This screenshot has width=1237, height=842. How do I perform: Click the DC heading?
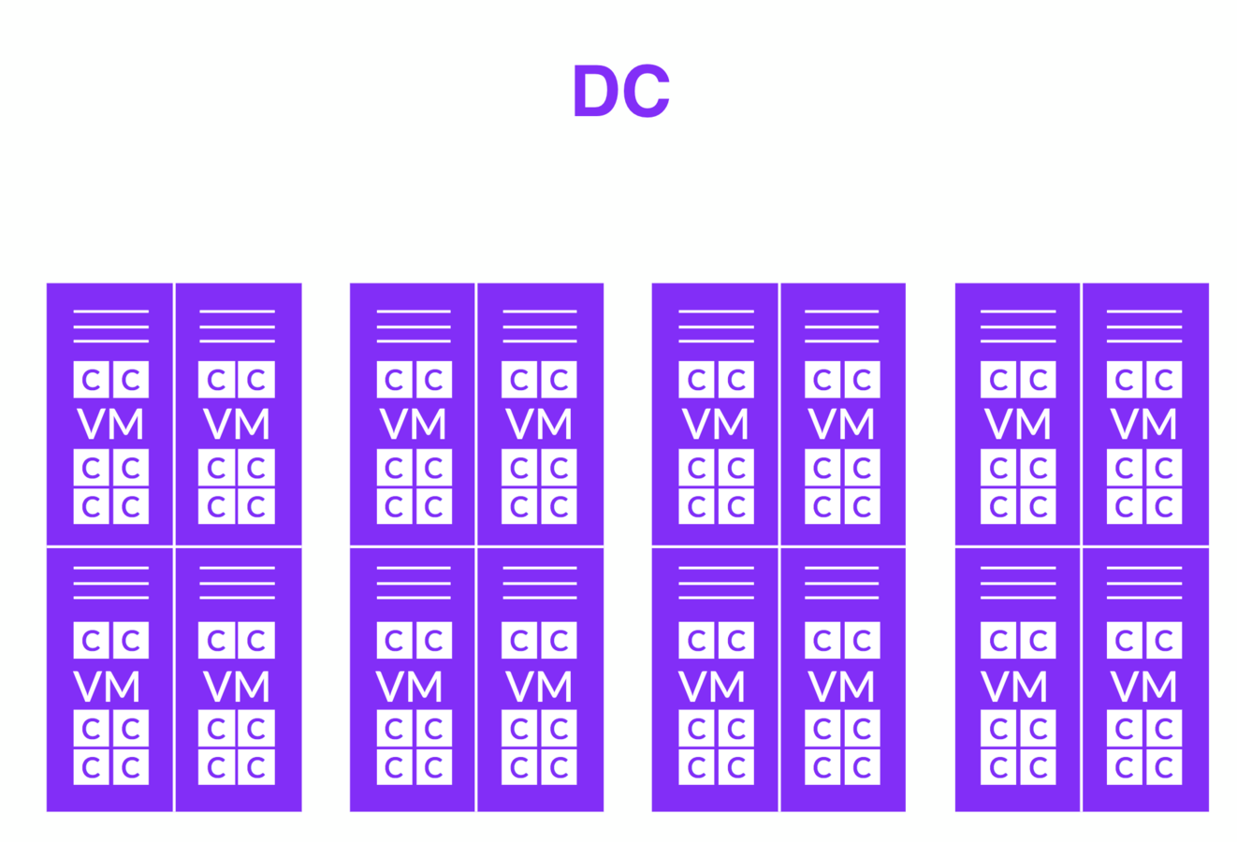pos(620,91)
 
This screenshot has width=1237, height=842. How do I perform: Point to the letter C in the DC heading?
pos(647,91)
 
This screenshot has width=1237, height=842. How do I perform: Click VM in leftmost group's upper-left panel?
pos(110,424)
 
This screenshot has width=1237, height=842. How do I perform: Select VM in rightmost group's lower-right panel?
pos(1143,686)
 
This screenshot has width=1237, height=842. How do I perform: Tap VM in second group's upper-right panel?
pos(539,424)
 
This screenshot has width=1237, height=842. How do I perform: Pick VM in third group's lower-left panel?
pos(713,686)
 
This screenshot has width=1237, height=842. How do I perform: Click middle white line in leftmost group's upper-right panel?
pos(237,327)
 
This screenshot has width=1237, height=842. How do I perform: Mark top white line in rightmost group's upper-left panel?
pos(1017,312)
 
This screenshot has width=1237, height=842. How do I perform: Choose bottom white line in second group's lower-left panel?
pos(414,598)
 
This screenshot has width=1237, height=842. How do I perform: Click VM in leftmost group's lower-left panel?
pos(108,686)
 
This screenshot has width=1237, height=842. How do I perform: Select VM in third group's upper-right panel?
pos(841,424)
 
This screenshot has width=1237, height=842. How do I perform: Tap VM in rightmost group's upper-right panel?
pos(1143,424)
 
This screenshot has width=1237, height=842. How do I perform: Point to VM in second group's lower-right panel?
pos(539,686)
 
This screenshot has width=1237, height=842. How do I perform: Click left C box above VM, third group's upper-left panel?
pos(696,380)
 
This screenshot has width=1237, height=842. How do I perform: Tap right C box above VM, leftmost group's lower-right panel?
pos(256,640)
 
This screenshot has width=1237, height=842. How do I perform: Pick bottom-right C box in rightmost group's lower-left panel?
pos(1038,767)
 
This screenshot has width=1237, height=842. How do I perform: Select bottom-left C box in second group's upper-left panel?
pos(394,506)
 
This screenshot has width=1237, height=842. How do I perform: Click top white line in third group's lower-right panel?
pos(841,568)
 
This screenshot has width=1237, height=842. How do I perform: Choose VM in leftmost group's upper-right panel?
pos(237,424)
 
